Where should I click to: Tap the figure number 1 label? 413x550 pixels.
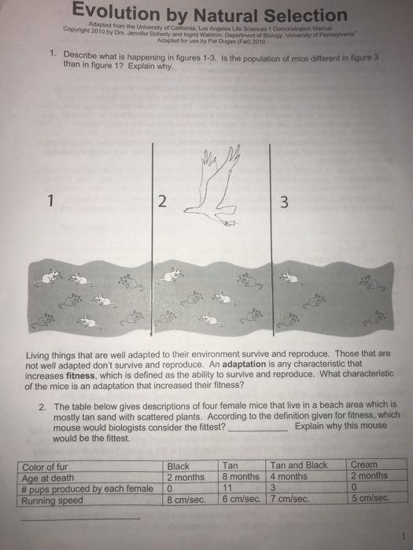tap(51, 200)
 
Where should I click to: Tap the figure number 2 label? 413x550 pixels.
tap(162, 201)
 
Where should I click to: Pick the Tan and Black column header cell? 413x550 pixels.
tap(298, 465)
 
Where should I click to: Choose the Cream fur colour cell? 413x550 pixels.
tap(363, 465)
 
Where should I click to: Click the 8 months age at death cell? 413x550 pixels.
tap(241, 476)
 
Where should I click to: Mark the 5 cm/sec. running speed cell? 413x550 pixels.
tap(368, 497)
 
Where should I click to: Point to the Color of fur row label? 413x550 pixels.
tap(52, 467)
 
